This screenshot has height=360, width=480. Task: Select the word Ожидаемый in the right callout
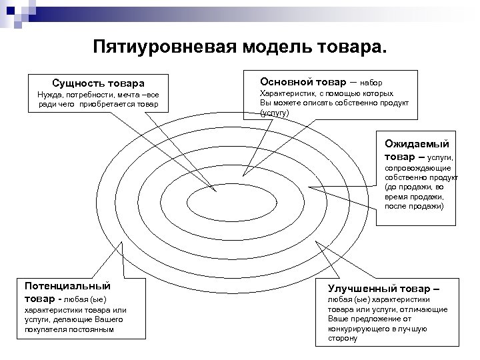(x=417, y=143)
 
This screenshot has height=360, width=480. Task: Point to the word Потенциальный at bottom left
(x=67, y=285)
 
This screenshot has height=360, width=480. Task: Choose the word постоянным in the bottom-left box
(x=91, y=329)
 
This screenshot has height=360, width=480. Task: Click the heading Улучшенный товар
(x=383, y=289)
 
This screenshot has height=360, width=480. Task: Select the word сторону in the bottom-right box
(x=343, y=338)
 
